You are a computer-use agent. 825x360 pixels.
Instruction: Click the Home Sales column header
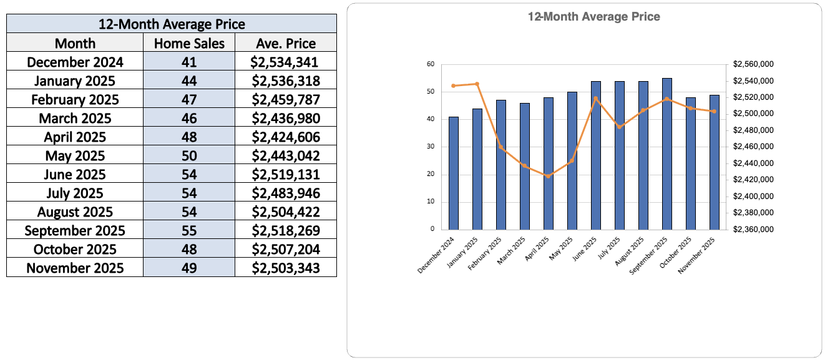[189, 43]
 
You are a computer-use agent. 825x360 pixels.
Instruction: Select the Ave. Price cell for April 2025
[286, 137]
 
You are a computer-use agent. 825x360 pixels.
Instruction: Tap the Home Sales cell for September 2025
[189, 230]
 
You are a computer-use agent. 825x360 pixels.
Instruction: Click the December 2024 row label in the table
[75, 62]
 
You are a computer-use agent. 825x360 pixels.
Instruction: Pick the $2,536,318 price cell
[286, 80]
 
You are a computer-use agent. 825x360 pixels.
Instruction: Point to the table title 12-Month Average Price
[172, 24]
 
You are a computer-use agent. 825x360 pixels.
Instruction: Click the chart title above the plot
[593, 17]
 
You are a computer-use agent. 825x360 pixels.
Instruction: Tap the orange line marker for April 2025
[549, 176]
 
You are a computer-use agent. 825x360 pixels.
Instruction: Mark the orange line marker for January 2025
[477, 84]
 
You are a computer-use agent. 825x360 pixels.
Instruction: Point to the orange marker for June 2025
[596, 98]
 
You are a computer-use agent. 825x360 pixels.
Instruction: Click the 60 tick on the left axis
[431, 64]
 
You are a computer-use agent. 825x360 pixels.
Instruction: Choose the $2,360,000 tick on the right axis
[754, 229]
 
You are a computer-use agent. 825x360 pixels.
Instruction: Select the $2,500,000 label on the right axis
[754, 114]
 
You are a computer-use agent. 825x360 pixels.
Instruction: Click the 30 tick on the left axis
[431, 147]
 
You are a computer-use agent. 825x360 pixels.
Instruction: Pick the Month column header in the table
[75, 43]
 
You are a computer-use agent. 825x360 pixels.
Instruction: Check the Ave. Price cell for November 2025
[286, 268]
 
